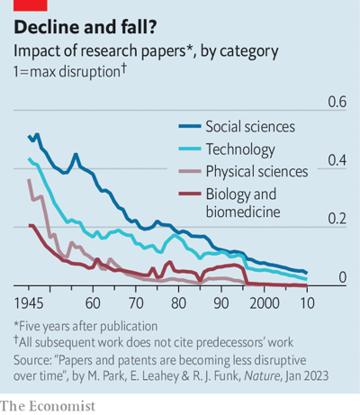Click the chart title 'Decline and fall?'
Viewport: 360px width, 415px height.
pos(85,27)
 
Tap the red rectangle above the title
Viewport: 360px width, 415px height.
pos(31,5)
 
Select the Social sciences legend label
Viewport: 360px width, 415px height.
pos(250,127)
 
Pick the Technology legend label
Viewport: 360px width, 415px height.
pos(240,149)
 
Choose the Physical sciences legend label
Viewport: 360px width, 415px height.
pos(256,172)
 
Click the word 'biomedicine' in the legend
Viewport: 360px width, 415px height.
pos(243,212)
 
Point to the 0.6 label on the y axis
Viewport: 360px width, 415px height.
pos(337,102)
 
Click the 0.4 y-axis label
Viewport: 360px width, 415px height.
pos(337,160)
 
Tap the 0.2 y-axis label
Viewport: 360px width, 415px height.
pos(337,219)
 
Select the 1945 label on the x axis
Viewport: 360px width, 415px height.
pos(29,303)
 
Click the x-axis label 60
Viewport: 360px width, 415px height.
pos(93,303)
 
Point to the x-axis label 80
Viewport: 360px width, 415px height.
pos(178,303)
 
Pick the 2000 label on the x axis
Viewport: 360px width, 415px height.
pos(265,303)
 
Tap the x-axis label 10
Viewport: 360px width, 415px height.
pos(307,303)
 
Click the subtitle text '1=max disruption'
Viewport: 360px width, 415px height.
pos(67,72)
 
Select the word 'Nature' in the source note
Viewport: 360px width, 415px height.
pos(262,375)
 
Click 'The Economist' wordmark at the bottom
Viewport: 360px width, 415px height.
pos(48,406)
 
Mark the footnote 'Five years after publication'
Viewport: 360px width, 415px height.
pos(88,326)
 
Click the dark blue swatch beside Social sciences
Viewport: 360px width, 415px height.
pos(190,126)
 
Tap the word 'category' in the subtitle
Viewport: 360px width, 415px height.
pos(249,51)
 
